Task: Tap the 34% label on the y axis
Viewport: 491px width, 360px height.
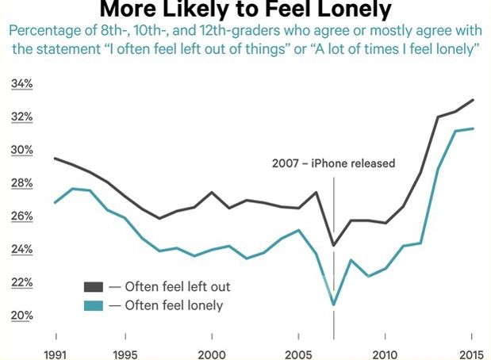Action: (x=21, y=84)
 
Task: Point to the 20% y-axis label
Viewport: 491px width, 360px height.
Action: (x=21, y=316)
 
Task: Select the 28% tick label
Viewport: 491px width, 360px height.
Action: (x=21, y=183)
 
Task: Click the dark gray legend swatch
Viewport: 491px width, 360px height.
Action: (x=94, y=286)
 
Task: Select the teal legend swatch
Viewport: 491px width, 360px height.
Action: (x=94, y=305)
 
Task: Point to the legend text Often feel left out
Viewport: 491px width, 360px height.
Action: (x=175, y=286)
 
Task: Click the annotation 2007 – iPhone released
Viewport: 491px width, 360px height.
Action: (x=333, y=163)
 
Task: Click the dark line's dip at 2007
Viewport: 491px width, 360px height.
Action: (x=333, y=245)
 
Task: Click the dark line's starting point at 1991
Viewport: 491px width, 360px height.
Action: (x=55, y=159)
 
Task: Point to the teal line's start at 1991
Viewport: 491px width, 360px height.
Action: (x=55, y=202)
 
